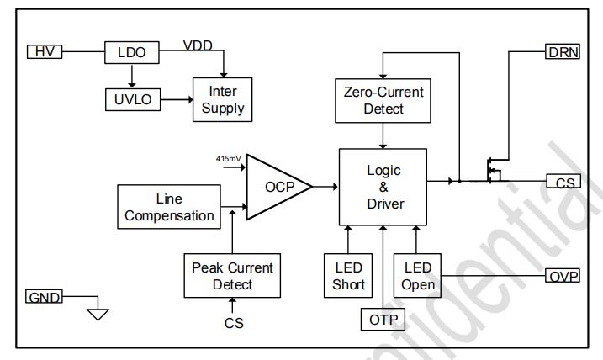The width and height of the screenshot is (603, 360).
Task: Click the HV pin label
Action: (43, 52)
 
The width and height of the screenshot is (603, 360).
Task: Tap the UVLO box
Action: (130, 99)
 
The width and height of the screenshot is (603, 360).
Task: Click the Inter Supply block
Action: (223, 98)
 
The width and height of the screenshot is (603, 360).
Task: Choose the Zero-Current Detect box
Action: (383, 99)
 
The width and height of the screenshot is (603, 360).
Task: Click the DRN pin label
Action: (563, 52)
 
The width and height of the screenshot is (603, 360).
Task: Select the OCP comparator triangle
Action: (276, 187)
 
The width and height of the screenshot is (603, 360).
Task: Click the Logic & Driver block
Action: (383, 187)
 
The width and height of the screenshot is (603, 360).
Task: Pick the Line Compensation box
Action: (169, 208)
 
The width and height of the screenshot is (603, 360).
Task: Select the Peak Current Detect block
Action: (232, 276)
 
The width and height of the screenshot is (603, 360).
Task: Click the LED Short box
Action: (348, 276)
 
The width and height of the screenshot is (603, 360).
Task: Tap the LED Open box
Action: (418, 276)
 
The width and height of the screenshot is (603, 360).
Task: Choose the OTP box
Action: (383, 320)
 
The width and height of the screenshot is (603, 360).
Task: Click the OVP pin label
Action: (563, 276)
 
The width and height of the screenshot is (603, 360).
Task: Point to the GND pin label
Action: (43, 297)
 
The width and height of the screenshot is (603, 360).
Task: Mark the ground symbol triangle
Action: (98, 314)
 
